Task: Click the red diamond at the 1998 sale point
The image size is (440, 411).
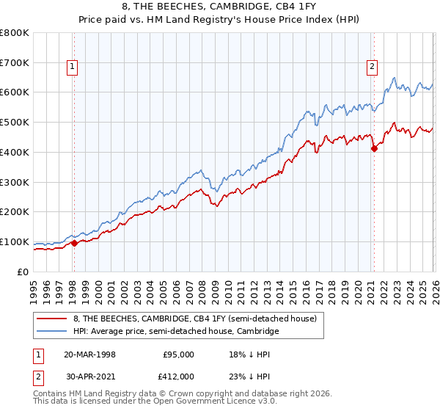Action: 74,244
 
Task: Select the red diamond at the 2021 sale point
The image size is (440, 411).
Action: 374,148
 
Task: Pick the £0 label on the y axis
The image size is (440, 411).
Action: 23,272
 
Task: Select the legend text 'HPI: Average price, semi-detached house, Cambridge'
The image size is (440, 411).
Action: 176,332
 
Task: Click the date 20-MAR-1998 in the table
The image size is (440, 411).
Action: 89,354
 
